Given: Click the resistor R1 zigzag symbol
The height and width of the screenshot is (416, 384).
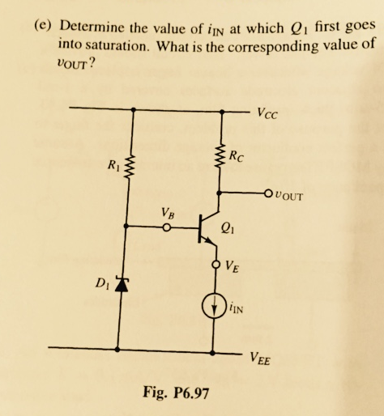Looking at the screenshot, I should pyautogui.click(x=128, y=170).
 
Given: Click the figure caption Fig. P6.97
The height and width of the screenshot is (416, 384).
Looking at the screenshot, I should pyautogui.click(x=177, y=393).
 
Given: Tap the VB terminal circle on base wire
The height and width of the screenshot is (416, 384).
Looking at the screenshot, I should pyautogui.click(x=168, y=228).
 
